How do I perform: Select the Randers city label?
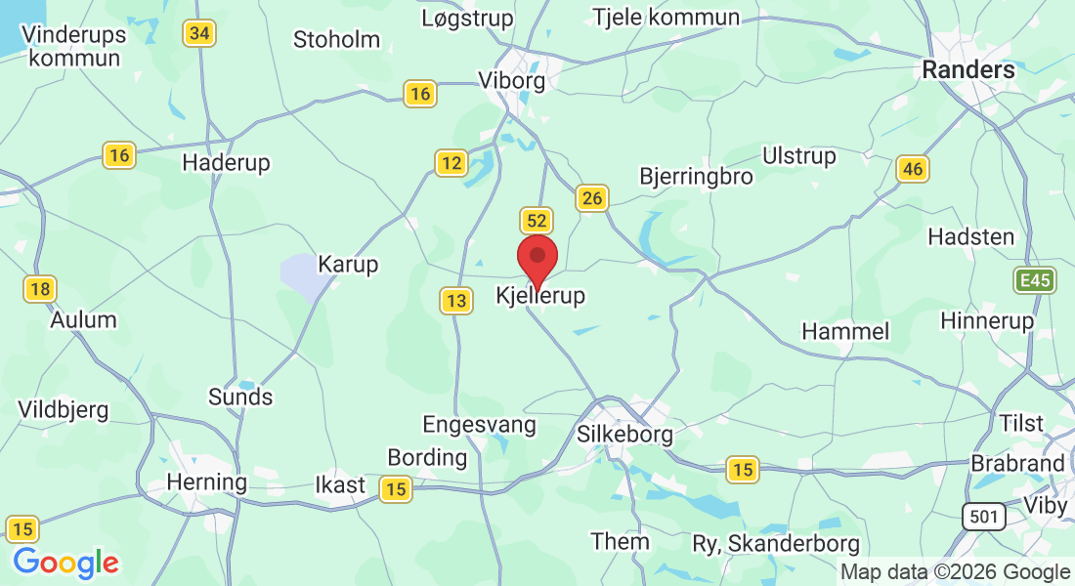(968, 69)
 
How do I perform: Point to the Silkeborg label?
(625, 434)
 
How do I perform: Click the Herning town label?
(206, 482)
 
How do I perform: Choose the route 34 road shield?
(198, 33)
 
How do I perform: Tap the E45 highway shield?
(1033, 281)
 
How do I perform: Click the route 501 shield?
(982, 517)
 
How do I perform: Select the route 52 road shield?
(537, 221)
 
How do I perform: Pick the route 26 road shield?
(591, 198)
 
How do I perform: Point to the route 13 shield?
(455, 301)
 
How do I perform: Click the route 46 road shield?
(912, 170)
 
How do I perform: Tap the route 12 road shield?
(451, 162)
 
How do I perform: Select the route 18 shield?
(40, 289)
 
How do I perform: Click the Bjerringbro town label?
(696, 177)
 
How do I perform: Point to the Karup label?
(348, 265)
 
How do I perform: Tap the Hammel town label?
(845, 332)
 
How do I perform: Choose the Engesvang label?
(479, 425)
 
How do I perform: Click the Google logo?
(65, 563)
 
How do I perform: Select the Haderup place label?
(226, 162)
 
